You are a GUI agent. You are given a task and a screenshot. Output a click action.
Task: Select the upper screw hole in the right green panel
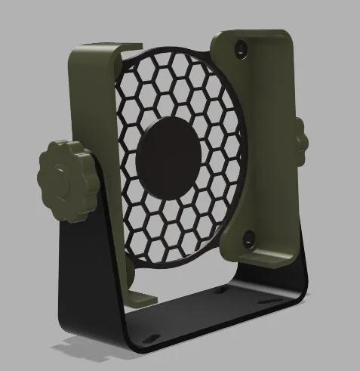click(x=241, y=47)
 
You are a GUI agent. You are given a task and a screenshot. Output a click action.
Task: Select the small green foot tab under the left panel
click(x=140, y=297)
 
